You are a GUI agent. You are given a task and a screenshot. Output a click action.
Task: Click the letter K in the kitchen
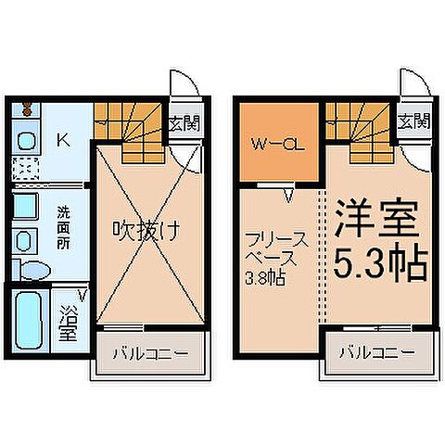[x=63, y=141]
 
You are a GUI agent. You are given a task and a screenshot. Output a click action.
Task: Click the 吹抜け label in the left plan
[x=146, y=228]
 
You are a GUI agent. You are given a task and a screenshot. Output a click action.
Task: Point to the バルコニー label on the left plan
[x=151, y=353]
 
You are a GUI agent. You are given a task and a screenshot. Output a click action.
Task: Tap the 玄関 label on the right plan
[x=413, y=121]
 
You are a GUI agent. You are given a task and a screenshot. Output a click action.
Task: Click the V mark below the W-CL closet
[x=288, y=196]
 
